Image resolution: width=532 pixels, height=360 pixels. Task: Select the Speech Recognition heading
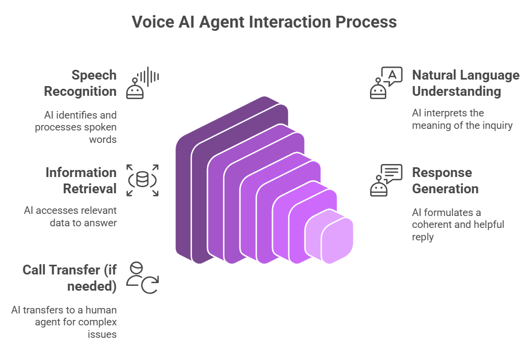(x=80, y=83)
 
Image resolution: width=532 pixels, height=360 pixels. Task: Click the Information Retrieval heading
(x=81, y=180)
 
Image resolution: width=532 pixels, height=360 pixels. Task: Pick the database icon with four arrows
(x=142, y=180)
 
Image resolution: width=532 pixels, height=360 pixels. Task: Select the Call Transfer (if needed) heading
(x=69, y=278)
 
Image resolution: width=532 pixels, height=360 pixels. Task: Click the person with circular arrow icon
(x=142, y=278)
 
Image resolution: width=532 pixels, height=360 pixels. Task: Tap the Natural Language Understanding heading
(x=465, y=83)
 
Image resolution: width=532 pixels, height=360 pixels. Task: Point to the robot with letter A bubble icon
(x=386, y=83)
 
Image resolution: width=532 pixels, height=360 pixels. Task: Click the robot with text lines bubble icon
(x=386, y=180)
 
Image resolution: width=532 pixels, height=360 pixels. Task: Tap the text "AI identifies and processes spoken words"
(x=76, y=127)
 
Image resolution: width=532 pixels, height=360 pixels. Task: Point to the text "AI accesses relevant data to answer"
(x=70, y=217)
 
